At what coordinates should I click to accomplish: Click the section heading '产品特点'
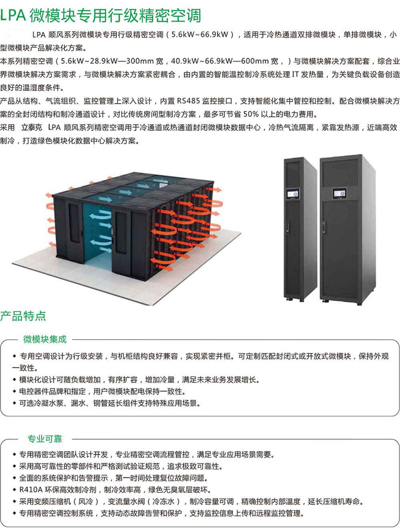tap(23, 316)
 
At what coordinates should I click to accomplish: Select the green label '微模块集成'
tap(45, 339)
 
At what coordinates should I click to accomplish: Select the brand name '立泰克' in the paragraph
tap(33, 127)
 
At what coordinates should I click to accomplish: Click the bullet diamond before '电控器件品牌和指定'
tap(14, 392)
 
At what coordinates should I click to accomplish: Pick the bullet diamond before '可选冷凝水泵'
tap(14, 403)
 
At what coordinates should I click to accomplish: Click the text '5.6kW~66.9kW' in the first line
tap(200, 35)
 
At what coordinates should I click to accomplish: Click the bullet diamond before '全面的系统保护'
tap(14, 478)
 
